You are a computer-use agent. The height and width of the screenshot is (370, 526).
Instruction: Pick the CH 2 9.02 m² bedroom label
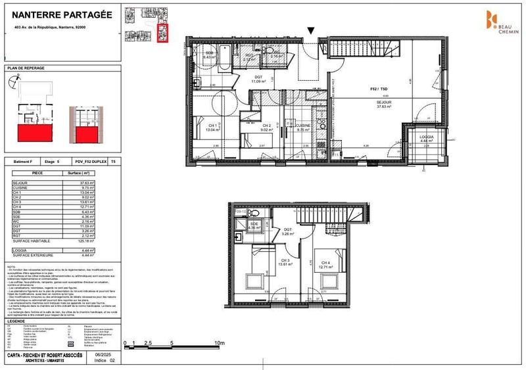coord(266,127)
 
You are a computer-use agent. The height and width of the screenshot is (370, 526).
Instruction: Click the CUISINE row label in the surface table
coord(22,188)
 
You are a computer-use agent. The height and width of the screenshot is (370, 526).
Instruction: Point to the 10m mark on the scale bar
coord(220,343)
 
